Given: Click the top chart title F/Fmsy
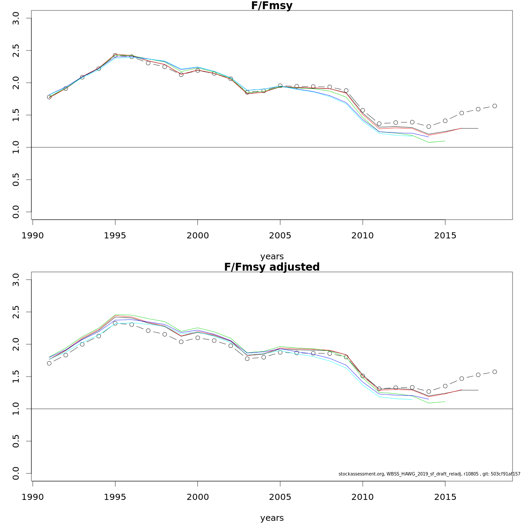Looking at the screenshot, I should coord(272,6).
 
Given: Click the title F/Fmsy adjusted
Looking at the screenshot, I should coord(272,267).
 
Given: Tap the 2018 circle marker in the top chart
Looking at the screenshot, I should coord(495,106).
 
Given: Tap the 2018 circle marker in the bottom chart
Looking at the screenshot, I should coord(495,372).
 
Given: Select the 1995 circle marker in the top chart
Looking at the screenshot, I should coord(115,55).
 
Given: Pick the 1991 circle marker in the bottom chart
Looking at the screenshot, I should coord(49,363).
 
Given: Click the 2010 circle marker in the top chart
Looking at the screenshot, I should coord(363,110).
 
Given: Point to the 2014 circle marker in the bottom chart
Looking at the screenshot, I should coord(428,391).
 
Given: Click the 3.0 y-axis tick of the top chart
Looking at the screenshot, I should coord(16,18).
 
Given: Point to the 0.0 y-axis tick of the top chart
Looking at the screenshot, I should coord(16,212).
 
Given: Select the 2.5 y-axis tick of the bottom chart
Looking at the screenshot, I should coord(16,312).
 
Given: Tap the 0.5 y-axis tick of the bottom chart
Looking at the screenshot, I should coord(16,441).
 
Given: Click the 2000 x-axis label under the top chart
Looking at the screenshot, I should coord(197,236).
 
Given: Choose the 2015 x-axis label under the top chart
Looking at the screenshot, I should coord(445,236).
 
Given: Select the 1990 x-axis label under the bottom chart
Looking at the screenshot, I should coord(33,497).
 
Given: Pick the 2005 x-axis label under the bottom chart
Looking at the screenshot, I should coord(280,497).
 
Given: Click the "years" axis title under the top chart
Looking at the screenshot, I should coord(272,257).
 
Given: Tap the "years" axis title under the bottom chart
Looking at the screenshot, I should coord(272,518).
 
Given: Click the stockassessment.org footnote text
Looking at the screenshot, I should coord(429,474).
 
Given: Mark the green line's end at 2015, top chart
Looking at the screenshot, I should coord(445,141).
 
